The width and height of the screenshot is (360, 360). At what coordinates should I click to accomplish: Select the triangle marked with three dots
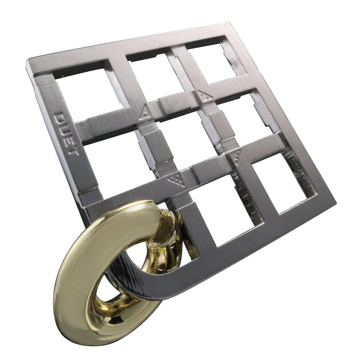point(237,157)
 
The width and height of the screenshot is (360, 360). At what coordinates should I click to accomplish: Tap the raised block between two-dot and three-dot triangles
point(220,125)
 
